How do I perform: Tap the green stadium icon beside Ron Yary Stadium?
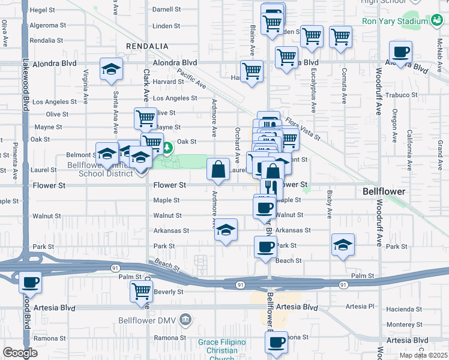pyautogui.click(x=436, y=21)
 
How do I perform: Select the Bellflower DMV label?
pyautogui.click(x=148, y=319)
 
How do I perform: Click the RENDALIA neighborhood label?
pyautogui.click(x=147, y=46)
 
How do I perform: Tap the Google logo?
pyautogui.click(x=20, y=353)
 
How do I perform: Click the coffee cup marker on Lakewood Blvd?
pyautogui.click(x=30, y=281)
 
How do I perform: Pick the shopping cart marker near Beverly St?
pyautogui.click(x=141, y=291)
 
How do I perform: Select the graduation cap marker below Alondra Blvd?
pyautogui.click(x=111, y=70)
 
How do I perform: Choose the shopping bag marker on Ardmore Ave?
pyautogui.click(x=218, y=169)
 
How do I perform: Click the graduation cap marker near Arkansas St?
pyautogui.click(x=226, y=230)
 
